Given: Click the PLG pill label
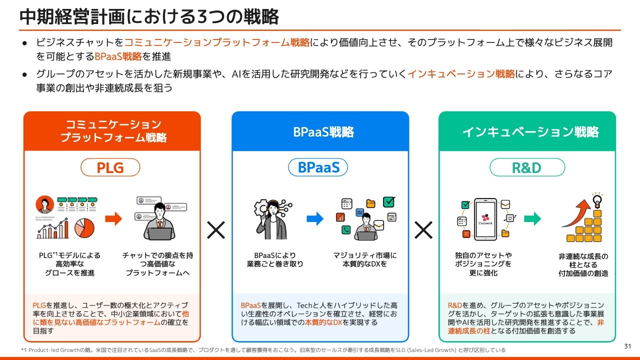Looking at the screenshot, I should point(110,167).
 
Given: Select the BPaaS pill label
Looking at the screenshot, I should point(318,167).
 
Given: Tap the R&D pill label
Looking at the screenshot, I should point(526,167).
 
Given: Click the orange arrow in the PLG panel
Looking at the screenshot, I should point(113,218).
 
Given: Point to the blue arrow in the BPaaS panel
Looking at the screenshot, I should point(315,218).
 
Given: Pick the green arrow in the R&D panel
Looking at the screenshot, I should point(532,218).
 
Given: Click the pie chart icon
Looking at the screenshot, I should point(84,228).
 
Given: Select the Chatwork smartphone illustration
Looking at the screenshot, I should point(485,219).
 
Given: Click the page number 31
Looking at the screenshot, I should point(628,346).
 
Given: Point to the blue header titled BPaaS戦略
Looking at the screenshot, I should point(320,132).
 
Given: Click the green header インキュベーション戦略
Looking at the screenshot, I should point(527,132).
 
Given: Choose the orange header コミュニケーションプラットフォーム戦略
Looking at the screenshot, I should point(112,131).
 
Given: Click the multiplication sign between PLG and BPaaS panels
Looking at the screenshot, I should point(216,230).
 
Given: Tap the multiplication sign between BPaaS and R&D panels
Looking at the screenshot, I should point(423,230).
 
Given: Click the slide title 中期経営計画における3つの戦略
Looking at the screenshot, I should point(149,16).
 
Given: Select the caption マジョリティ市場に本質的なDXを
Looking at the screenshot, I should point(365,259).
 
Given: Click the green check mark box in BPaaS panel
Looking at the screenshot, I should point(389,202).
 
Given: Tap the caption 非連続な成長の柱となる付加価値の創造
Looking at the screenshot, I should point(583,264).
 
